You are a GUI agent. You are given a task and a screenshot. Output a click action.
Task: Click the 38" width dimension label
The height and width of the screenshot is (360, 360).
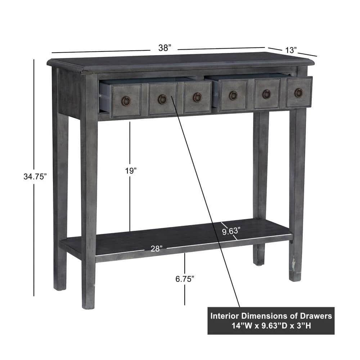(165, 48)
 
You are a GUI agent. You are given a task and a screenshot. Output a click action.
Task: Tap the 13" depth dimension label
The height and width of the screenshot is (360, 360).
(291, 50)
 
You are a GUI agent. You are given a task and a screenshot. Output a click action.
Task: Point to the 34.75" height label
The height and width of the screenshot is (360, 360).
(35, 176)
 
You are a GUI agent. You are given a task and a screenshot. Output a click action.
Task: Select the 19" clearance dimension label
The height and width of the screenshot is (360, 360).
(131, 171)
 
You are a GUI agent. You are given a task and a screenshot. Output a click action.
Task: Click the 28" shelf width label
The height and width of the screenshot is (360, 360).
(157, 249)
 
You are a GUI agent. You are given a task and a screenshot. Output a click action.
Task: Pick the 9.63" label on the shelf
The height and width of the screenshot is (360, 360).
(231, 231)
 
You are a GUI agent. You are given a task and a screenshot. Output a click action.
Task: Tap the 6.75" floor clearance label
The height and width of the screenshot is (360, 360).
(185, 279)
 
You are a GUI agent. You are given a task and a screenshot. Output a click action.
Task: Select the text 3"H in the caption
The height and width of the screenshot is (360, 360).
(304, 326)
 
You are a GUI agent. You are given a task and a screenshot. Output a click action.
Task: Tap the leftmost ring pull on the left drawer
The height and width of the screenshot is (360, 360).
(126, 100)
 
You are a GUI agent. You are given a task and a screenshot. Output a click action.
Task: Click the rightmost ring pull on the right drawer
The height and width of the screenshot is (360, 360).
(298, 93)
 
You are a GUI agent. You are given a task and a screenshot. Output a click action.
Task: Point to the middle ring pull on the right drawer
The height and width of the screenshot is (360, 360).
(266, 94)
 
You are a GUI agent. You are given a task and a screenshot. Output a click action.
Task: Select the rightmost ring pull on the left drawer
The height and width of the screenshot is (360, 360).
(197, 97)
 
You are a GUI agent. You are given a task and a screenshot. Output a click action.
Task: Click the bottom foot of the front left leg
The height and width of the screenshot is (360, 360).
(88, 305)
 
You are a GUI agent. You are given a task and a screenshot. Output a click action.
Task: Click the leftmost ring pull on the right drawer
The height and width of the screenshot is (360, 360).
(233, 95)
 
